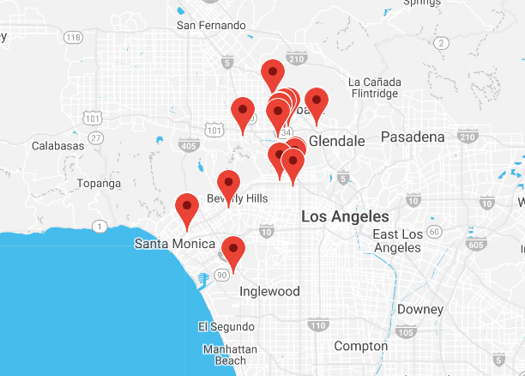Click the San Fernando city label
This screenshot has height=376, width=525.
point(211,25)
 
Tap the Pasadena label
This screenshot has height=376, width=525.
point(413,137)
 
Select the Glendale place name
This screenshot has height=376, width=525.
point(336,141)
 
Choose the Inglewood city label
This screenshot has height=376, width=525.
point(269,291)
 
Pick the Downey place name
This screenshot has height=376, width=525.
point(419,309)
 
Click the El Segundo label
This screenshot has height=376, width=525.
point(226,326)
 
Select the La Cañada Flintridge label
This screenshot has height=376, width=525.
point(374,88)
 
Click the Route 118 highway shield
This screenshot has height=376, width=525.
point(74,38)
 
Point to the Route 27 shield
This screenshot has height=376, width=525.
point(96,137)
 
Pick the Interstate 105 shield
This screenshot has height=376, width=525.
point(407,332)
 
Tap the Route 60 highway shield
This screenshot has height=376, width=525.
point(434,232)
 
